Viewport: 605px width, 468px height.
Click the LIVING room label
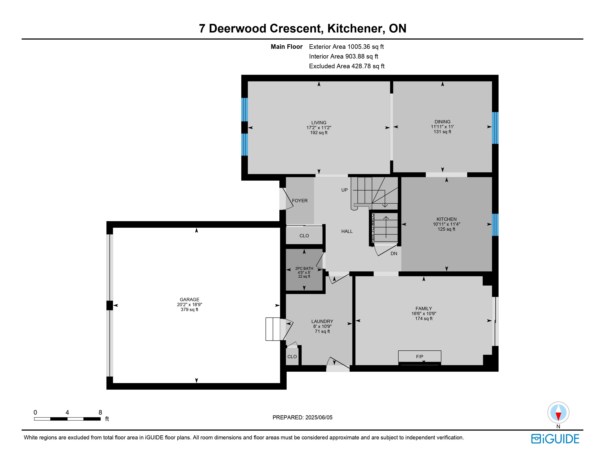pos(319,123)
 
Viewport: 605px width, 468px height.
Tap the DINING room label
pos(442,122)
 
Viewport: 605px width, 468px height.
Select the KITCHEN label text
pos(447,219)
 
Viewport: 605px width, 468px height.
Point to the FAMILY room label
pos(423,308)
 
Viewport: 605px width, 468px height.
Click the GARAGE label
pos(190,300)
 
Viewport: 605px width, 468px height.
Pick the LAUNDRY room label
pos(322,321)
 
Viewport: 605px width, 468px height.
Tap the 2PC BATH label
pos(304,268)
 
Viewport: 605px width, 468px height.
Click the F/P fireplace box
pos(420,357)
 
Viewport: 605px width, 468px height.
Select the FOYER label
pos(300,200)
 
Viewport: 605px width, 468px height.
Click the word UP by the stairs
pos(344,190)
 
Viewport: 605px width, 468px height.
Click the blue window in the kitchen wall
pos(495,225)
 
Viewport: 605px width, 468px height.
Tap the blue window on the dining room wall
pos(495,128)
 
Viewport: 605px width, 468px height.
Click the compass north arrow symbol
pos(558,413)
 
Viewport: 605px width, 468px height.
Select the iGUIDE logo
pos(555,439)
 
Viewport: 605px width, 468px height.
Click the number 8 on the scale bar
pos(100,412)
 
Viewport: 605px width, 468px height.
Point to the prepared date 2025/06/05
pos(319,417)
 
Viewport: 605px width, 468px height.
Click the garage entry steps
pos(273,329)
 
